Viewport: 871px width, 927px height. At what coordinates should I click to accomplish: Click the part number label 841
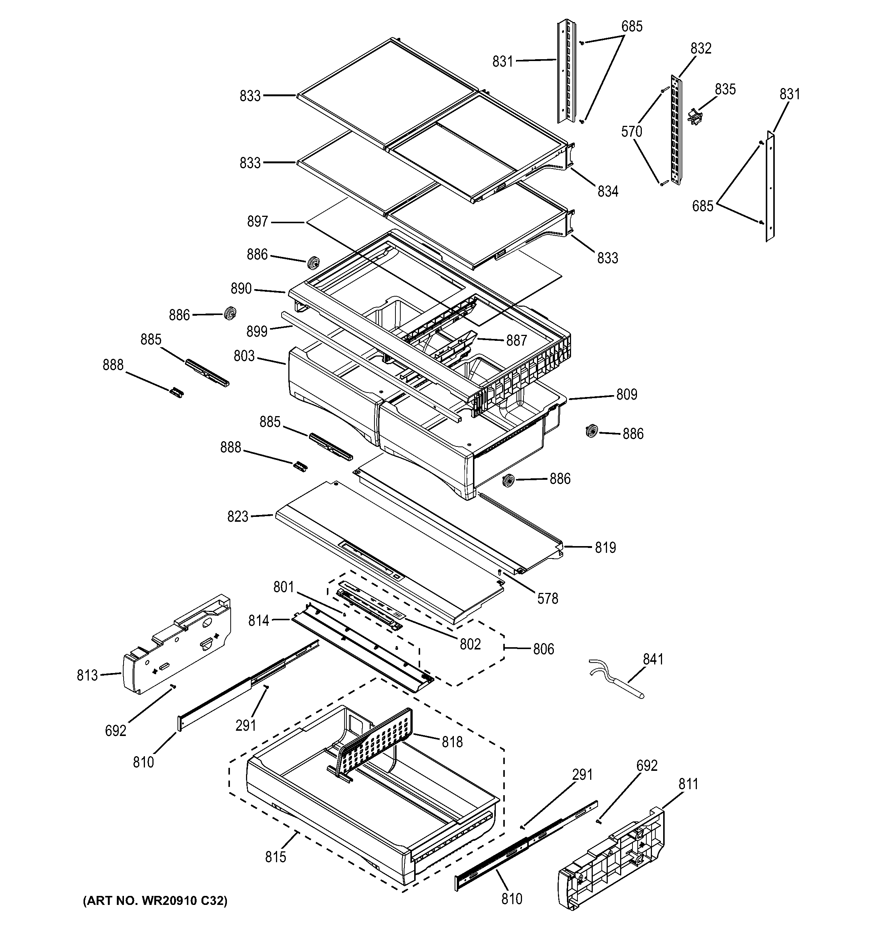pyautogui.click(x=653, y=659)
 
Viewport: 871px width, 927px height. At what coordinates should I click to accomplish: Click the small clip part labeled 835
pyautogui.click(x=694, y=116)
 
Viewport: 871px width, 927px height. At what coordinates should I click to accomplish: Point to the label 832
pyautogui.click(x=701, y=48)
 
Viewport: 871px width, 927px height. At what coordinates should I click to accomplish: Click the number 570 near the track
pyautogui.click(x=631, y=131)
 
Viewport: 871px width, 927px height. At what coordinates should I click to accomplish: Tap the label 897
pyautogui.click(x=257, y=221)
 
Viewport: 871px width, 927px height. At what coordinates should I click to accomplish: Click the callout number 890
pyautogui.click(x=241, y=289)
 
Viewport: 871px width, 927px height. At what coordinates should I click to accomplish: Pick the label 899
pyautogui.click(x=257, y=331)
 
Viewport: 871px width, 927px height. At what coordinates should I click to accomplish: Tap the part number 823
pyautogui.click(x=238, y=516)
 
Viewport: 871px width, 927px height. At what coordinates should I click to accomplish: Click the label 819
pyautogui.click(x=605, y=548)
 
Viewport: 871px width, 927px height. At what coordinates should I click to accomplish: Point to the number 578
pyautogui.click(x=547, y=599)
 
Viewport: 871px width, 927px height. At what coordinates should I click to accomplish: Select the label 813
pyautogui.click(x=87, y=675)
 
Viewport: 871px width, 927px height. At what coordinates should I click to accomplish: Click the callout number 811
pyautogui.click(x=688, y=784)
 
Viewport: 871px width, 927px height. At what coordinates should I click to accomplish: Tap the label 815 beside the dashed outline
pyautogui.click(x=275, y=857)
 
